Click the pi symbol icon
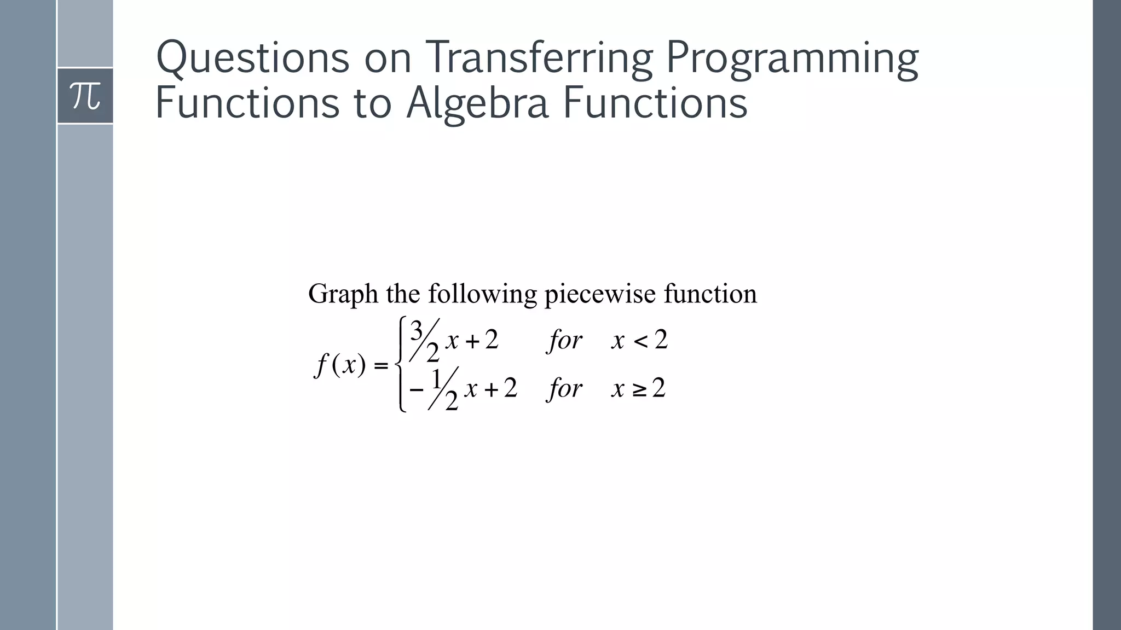click(x=85, y=96)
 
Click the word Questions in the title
click(x=252, y=58)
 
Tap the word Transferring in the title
click(x=539, y=58)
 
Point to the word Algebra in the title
click(x=477, y=104)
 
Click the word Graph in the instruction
click(x=343, y=295)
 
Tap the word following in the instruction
click(x=482, y=295)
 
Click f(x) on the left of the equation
click(x=340, y=365)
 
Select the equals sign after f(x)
click(x=380, y=365)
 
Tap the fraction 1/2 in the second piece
click(x=443, y=389)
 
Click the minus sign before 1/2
click(x=417, y=390)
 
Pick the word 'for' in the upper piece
click(x=564, y=341)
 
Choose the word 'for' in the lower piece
click(x=564, y=389)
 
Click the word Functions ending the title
click(x=655, y=104)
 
